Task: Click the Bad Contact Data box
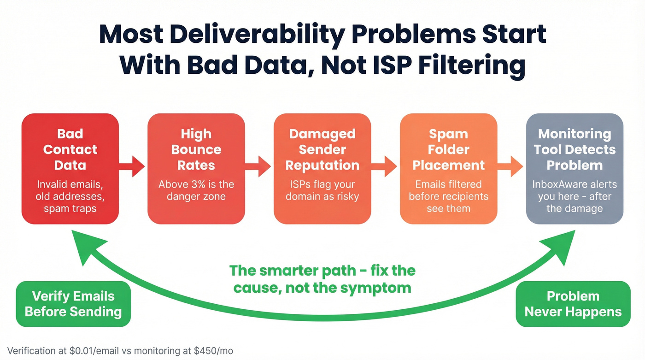point(70,169)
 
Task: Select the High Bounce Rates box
point(196,169)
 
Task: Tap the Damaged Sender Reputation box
point(322,169)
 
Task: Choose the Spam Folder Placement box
point(448,169)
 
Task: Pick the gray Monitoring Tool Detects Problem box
point(575,169)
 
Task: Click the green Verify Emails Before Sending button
point(73,304)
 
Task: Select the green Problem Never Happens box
point(573,304)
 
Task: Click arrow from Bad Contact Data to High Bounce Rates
point(132,166)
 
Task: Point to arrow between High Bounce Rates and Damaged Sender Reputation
point(258,166)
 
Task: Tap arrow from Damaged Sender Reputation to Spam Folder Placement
point(385,166)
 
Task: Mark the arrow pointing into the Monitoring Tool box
point(511,166)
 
